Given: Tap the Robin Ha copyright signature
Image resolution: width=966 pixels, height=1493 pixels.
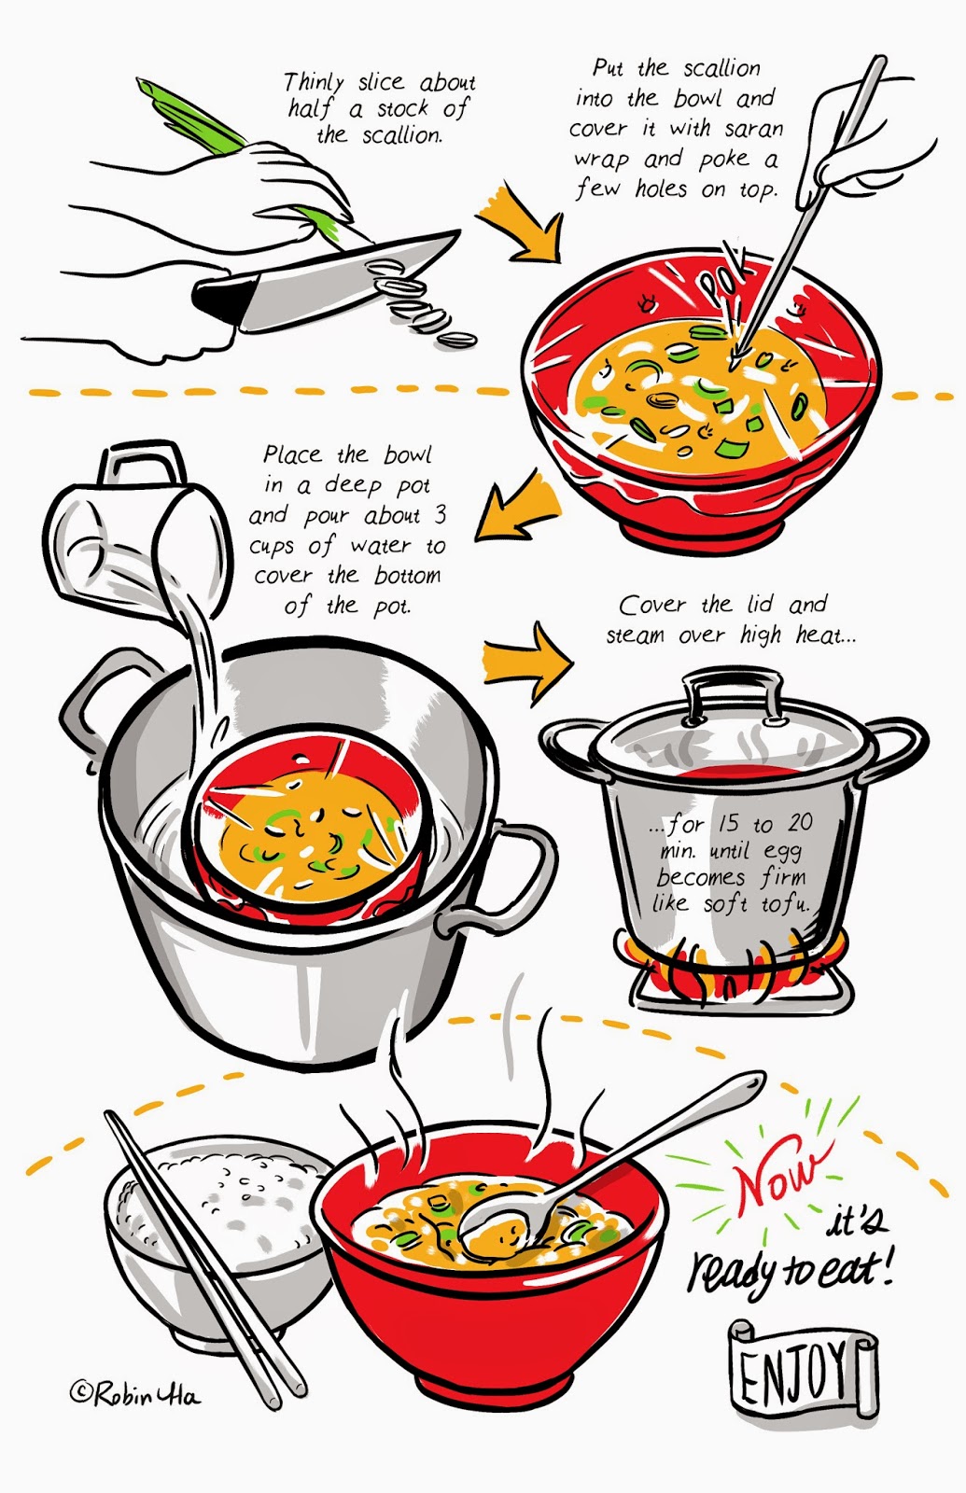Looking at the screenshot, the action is tap(134, 1393).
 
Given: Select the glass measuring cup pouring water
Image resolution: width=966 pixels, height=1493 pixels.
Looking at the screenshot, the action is tap(136, 533).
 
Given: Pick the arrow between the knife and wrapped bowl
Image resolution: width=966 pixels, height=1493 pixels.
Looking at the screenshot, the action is tap(519, 223).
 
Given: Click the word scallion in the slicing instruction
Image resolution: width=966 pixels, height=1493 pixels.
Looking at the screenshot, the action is tap(402, 136).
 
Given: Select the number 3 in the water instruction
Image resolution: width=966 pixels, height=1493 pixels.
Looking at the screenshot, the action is tap(439, 514).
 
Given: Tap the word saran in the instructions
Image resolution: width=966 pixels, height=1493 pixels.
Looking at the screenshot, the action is tap(753, 129).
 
